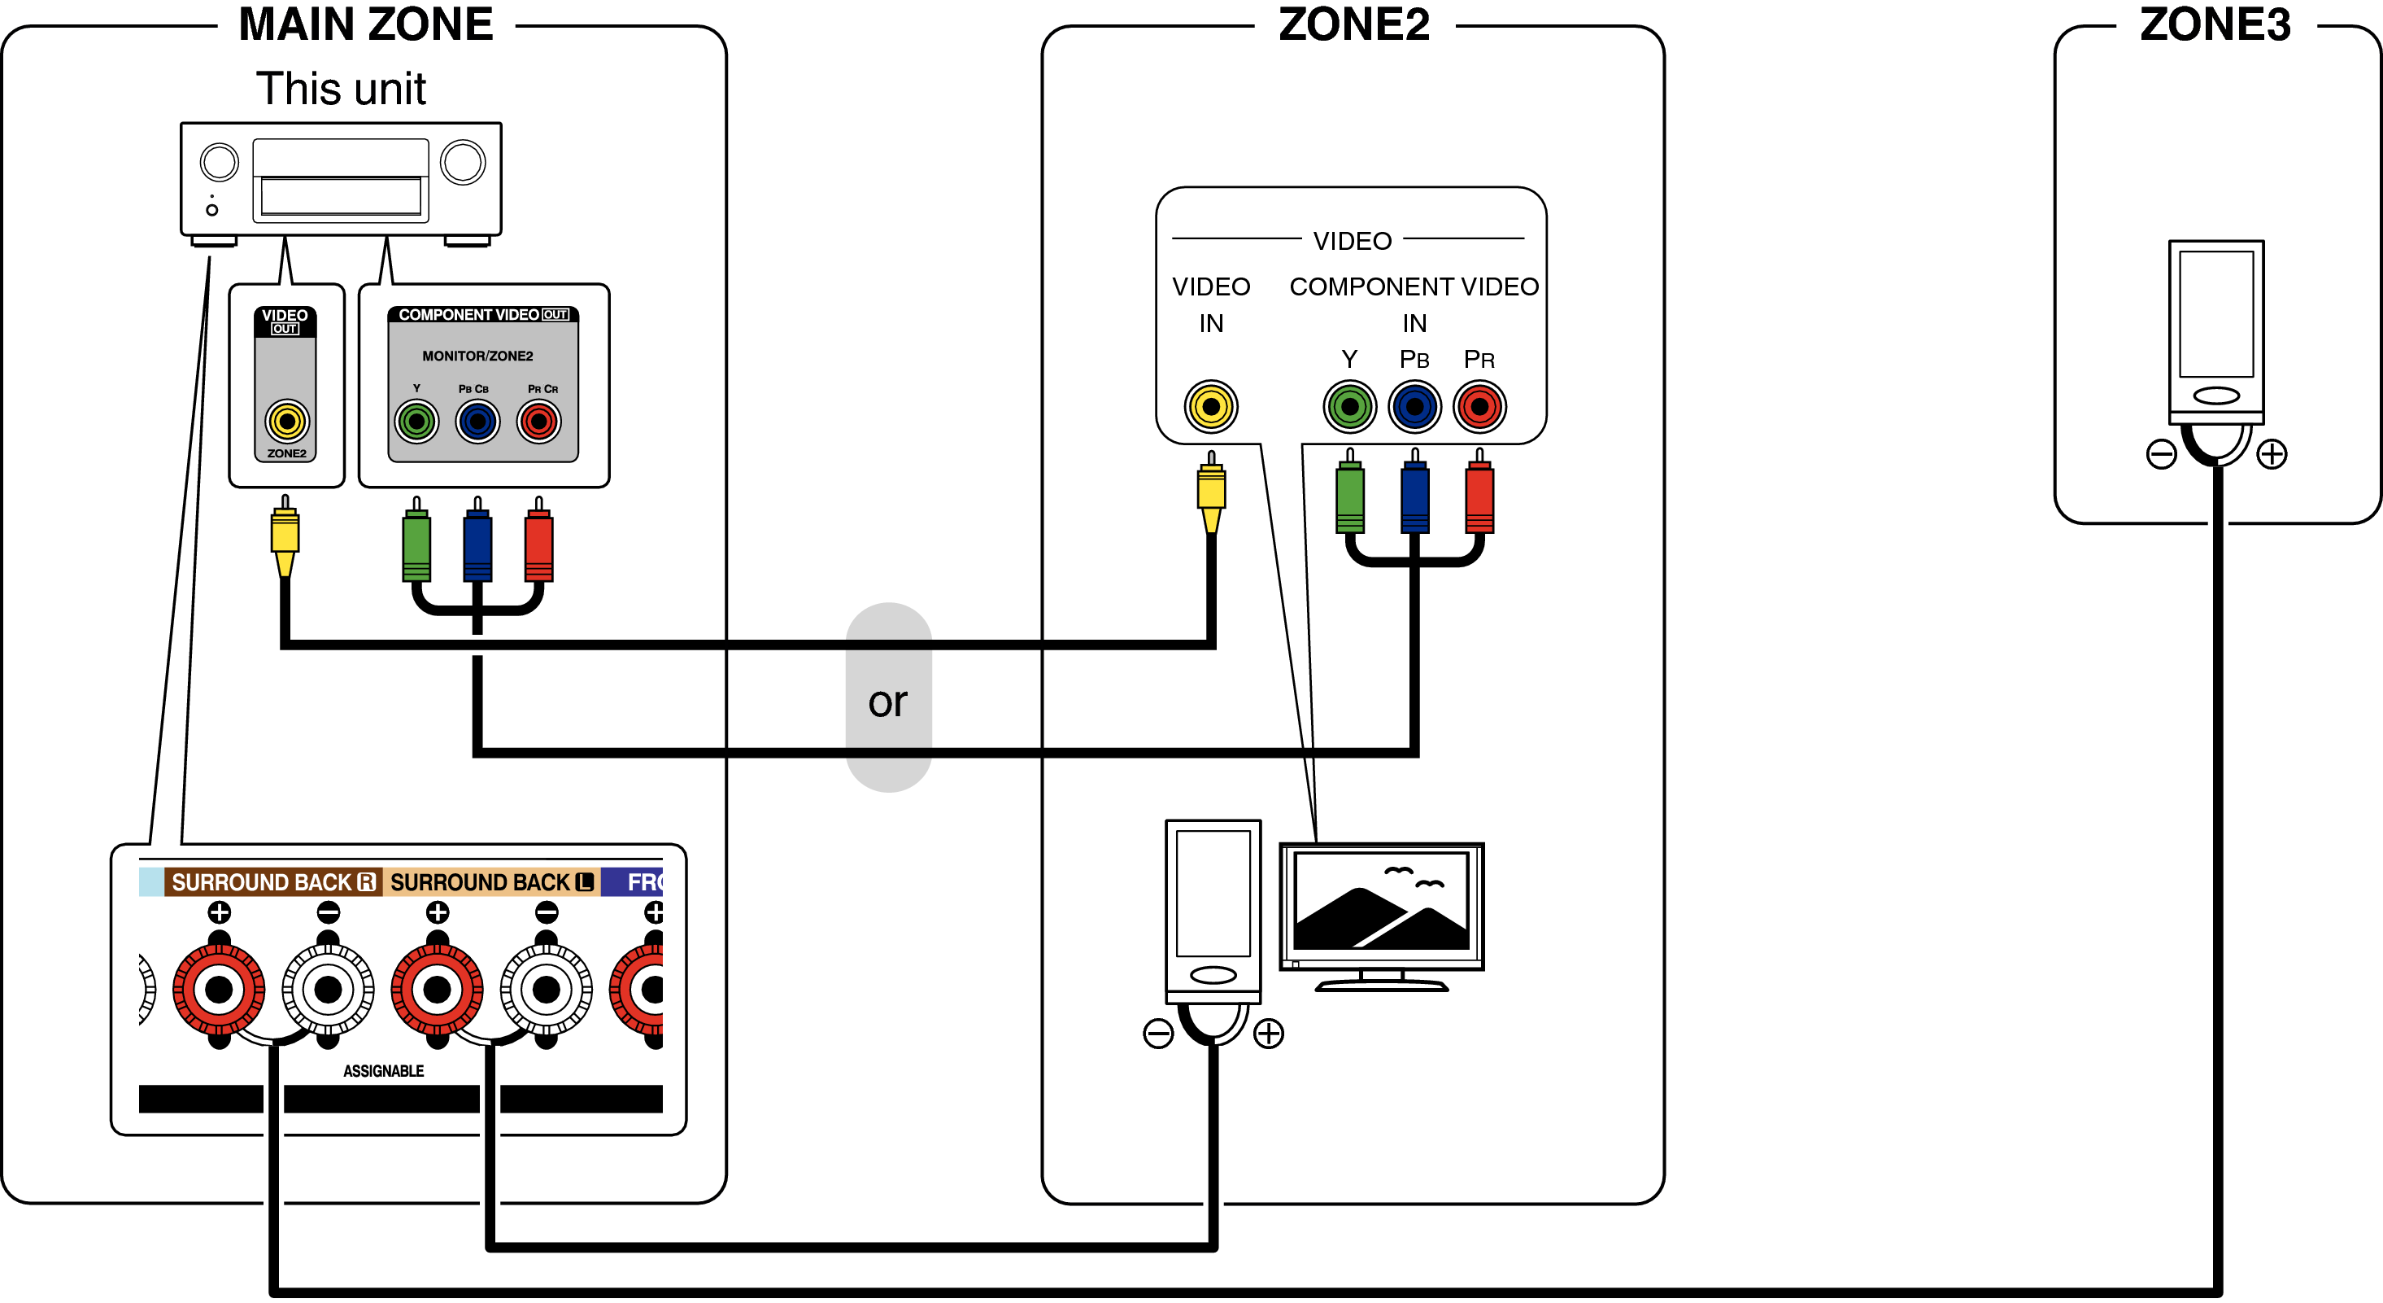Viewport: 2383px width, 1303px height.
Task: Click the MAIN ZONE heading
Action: tap(365, 24)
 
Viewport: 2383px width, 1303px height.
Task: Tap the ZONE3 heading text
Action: tap(2215, 24)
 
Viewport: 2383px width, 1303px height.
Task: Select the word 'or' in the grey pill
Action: tap(887, 702)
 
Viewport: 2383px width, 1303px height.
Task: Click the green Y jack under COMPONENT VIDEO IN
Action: tap(1349, 406)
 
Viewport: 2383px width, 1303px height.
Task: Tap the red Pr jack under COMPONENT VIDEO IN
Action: tap(1479, 406)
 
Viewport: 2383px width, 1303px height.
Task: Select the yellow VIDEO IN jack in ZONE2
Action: tap(1211, 406)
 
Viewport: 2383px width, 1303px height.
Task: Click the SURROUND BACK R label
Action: tap(274, 882)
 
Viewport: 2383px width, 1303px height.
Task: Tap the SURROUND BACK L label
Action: tap(491, 882)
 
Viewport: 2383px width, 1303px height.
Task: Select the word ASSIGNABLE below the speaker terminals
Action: tap(383, 1071)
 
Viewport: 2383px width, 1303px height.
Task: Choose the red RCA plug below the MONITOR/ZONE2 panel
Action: tap(538, 546)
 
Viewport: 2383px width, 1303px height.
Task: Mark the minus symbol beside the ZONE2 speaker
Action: tap(1158, 1034)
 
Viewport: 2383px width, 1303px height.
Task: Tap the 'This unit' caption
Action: tap(341, 90)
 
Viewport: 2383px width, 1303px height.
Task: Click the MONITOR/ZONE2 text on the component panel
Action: tap(477, 356)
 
